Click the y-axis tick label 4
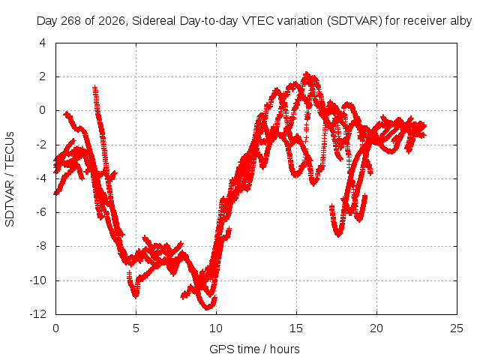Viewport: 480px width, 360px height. point(43,43)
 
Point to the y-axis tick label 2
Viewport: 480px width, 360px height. point(43,76)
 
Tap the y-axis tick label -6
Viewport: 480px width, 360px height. point(40,212)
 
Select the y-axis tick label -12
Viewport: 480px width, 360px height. point(38,313)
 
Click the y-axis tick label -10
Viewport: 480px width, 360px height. point(38,280)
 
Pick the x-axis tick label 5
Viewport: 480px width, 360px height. point(136,328)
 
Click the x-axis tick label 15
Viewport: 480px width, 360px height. point(296,328)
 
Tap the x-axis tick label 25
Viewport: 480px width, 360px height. point(457,328)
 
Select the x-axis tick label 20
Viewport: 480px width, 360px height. point(376,328)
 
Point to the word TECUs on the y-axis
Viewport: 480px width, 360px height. point(10,150)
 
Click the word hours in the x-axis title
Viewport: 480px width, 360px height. point(285,349)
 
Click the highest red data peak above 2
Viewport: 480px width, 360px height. point(307,73)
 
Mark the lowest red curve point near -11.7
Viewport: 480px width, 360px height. point(208,308)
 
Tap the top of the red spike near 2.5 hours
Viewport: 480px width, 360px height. point(95,87)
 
